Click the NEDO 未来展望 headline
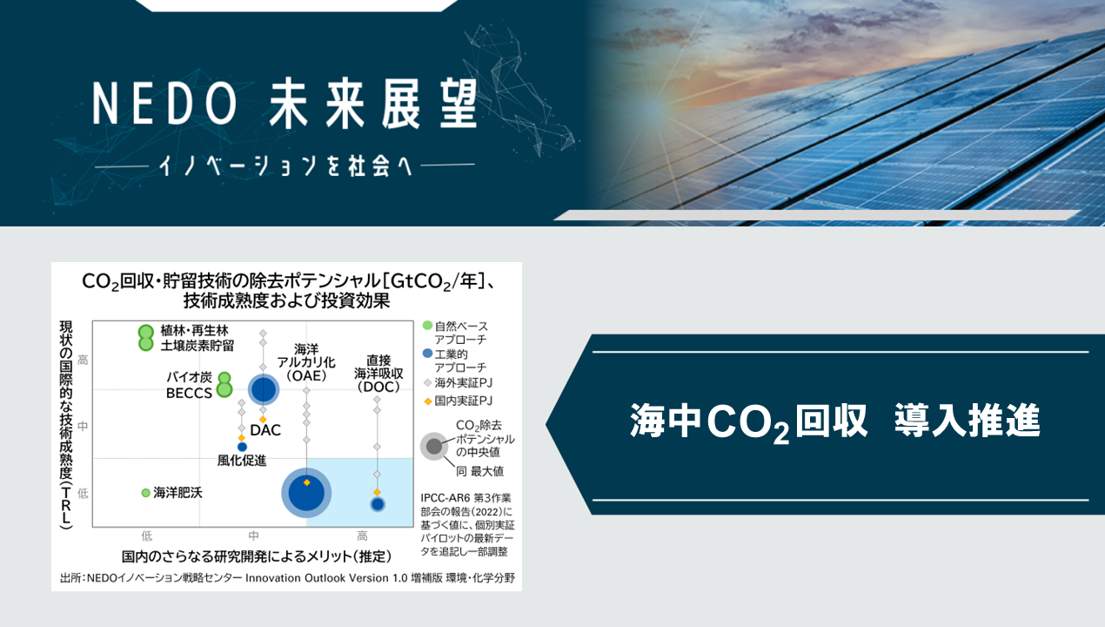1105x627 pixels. pyautogui.click(x=285, y=104)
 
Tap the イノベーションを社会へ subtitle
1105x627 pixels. pyautogui.click(x=285, y=165)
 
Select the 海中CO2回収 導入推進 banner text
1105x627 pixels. pyautogui.click(x=834, y=422)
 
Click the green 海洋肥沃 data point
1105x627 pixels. pyautogui.click(x=145, y=493)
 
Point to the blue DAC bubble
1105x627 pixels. pyautogui.click(x=264, y=389)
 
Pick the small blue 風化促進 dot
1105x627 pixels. pyautogui.click(x=242, y=447)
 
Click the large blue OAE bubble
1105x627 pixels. pyautogui.click(x=306, y=493)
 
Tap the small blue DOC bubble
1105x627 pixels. pyautogui.click(x=378, y=504)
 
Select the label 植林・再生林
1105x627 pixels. pyautogui.click(x=194, y=330)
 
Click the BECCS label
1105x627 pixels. pyautogui.click(x=189, y=393)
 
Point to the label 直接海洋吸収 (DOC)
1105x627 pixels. pyautogui.click(x=378, y=374)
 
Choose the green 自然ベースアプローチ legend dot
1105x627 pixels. pyautogui.click(x=427, y=326)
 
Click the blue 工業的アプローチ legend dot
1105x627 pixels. pyautogui.click(x=427, y=354)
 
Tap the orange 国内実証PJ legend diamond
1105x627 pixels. pyautogui.click(x=428, y=401)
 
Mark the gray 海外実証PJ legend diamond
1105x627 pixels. pyautogui.click(x=428, y=382)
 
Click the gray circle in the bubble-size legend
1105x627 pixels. pyautogui.click(x=434, y=447)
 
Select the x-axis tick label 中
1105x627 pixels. pyautogui.click(x=253, y=536)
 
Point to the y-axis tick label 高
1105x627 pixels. pyautogui.click(x=83, y=360)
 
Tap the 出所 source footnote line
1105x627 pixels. pyautogui.click(x=287, y=578)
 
